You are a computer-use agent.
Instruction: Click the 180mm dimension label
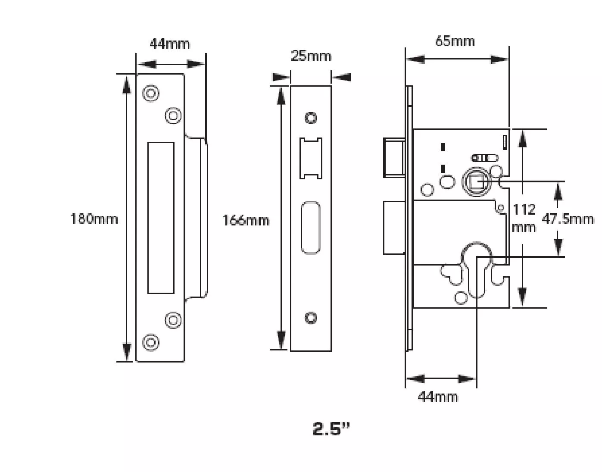94,219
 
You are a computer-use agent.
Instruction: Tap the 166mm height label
246,220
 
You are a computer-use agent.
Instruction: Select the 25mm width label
311,56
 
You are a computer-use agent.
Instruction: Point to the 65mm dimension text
455,41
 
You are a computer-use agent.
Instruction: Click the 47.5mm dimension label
568,219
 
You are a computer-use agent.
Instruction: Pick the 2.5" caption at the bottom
331,428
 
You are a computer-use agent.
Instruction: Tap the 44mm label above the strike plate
169,44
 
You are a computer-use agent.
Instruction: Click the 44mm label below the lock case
438,396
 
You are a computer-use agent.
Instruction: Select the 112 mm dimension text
524,218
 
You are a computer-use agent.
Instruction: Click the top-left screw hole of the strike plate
151,93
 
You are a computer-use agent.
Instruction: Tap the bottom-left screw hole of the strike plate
151,342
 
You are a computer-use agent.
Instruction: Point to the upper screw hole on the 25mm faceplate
311,118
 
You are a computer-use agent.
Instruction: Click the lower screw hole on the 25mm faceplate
311,318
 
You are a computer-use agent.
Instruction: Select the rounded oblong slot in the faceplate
311,227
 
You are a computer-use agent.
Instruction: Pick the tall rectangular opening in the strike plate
161,218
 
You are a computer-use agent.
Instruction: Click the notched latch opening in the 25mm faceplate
311,158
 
